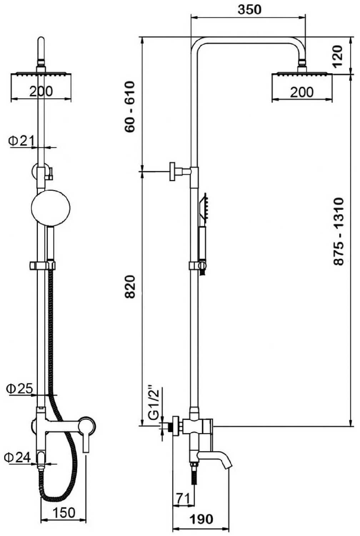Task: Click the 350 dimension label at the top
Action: (249, 10)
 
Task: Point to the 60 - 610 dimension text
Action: (130, 106)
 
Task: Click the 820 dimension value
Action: (130, 287)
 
